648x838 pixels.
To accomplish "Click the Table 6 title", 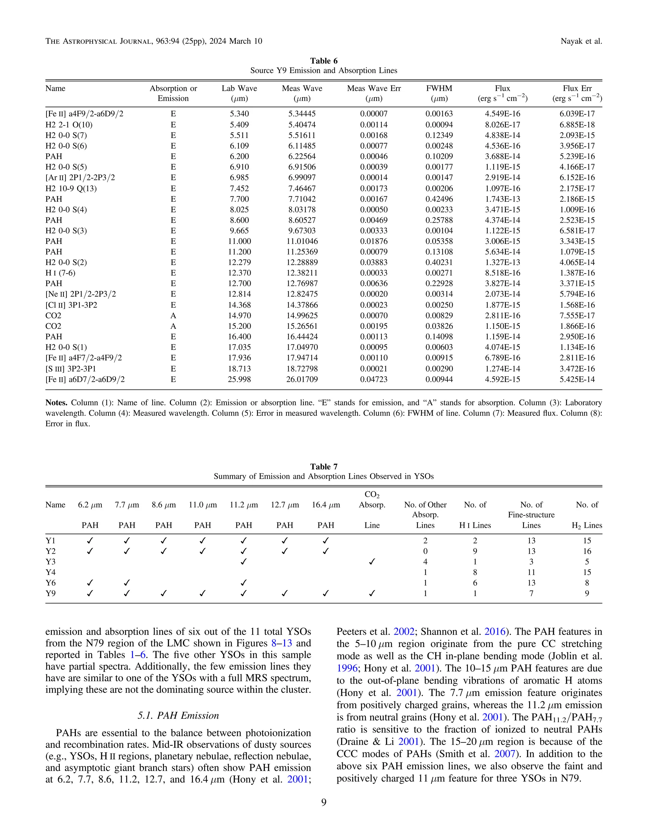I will [x=324, y=61].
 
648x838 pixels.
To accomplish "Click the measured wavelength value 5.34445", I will [x=302, y=114].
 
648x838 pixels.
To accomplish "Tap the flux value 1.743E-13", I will [x=502, y=199].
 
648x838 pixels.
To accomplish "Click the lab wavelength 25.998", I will [x=239, y=379].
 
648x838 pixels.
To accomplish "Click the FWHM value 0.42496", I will [x=439, y=199].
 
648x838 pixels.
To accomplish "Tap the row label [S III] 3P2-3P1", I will [x=71, y=369].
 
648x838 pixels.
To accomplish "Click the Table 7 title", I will [x=324, y=466].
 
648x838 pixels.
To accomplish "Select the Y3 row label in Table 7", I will [x=50, y=562].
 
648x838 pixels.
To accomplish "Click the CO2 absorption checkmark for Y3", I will [x=371, y=562].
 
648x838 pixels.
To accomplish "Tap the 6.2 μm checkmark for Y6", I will [x=90, y=583].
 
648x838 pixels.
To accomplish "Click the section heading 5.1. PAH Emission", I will [x=178, y=715].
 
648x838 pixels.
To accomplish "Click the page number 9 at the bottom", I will [x=324, y=802].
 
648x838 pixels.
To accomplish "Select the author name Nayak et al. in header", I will [x=581, y=41].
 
